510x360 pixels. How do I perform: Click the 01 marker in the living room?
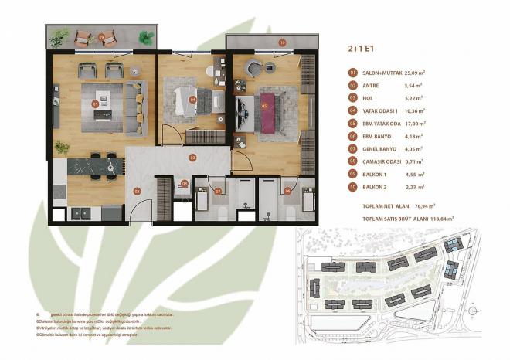tap(96, 103)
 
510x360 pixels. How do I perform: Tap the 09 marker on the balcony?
tap(102, 36)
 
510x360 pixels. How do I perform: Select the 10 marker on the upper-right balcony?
tap(282, 42)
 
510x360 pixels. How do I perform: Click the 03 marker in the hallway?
tap(192, 158)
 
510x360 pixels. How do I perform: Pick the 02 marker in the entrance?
tap(137, 191)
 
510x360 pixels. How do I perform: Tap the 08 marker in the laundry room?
tap(184, 184)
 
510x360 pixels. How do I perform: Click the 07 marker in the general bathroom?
tap(218, 191)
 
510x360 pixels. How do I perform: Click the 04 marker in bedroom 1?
tap(192, 99)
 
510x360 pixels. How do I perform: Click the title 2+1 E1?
tap(361, 48)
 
